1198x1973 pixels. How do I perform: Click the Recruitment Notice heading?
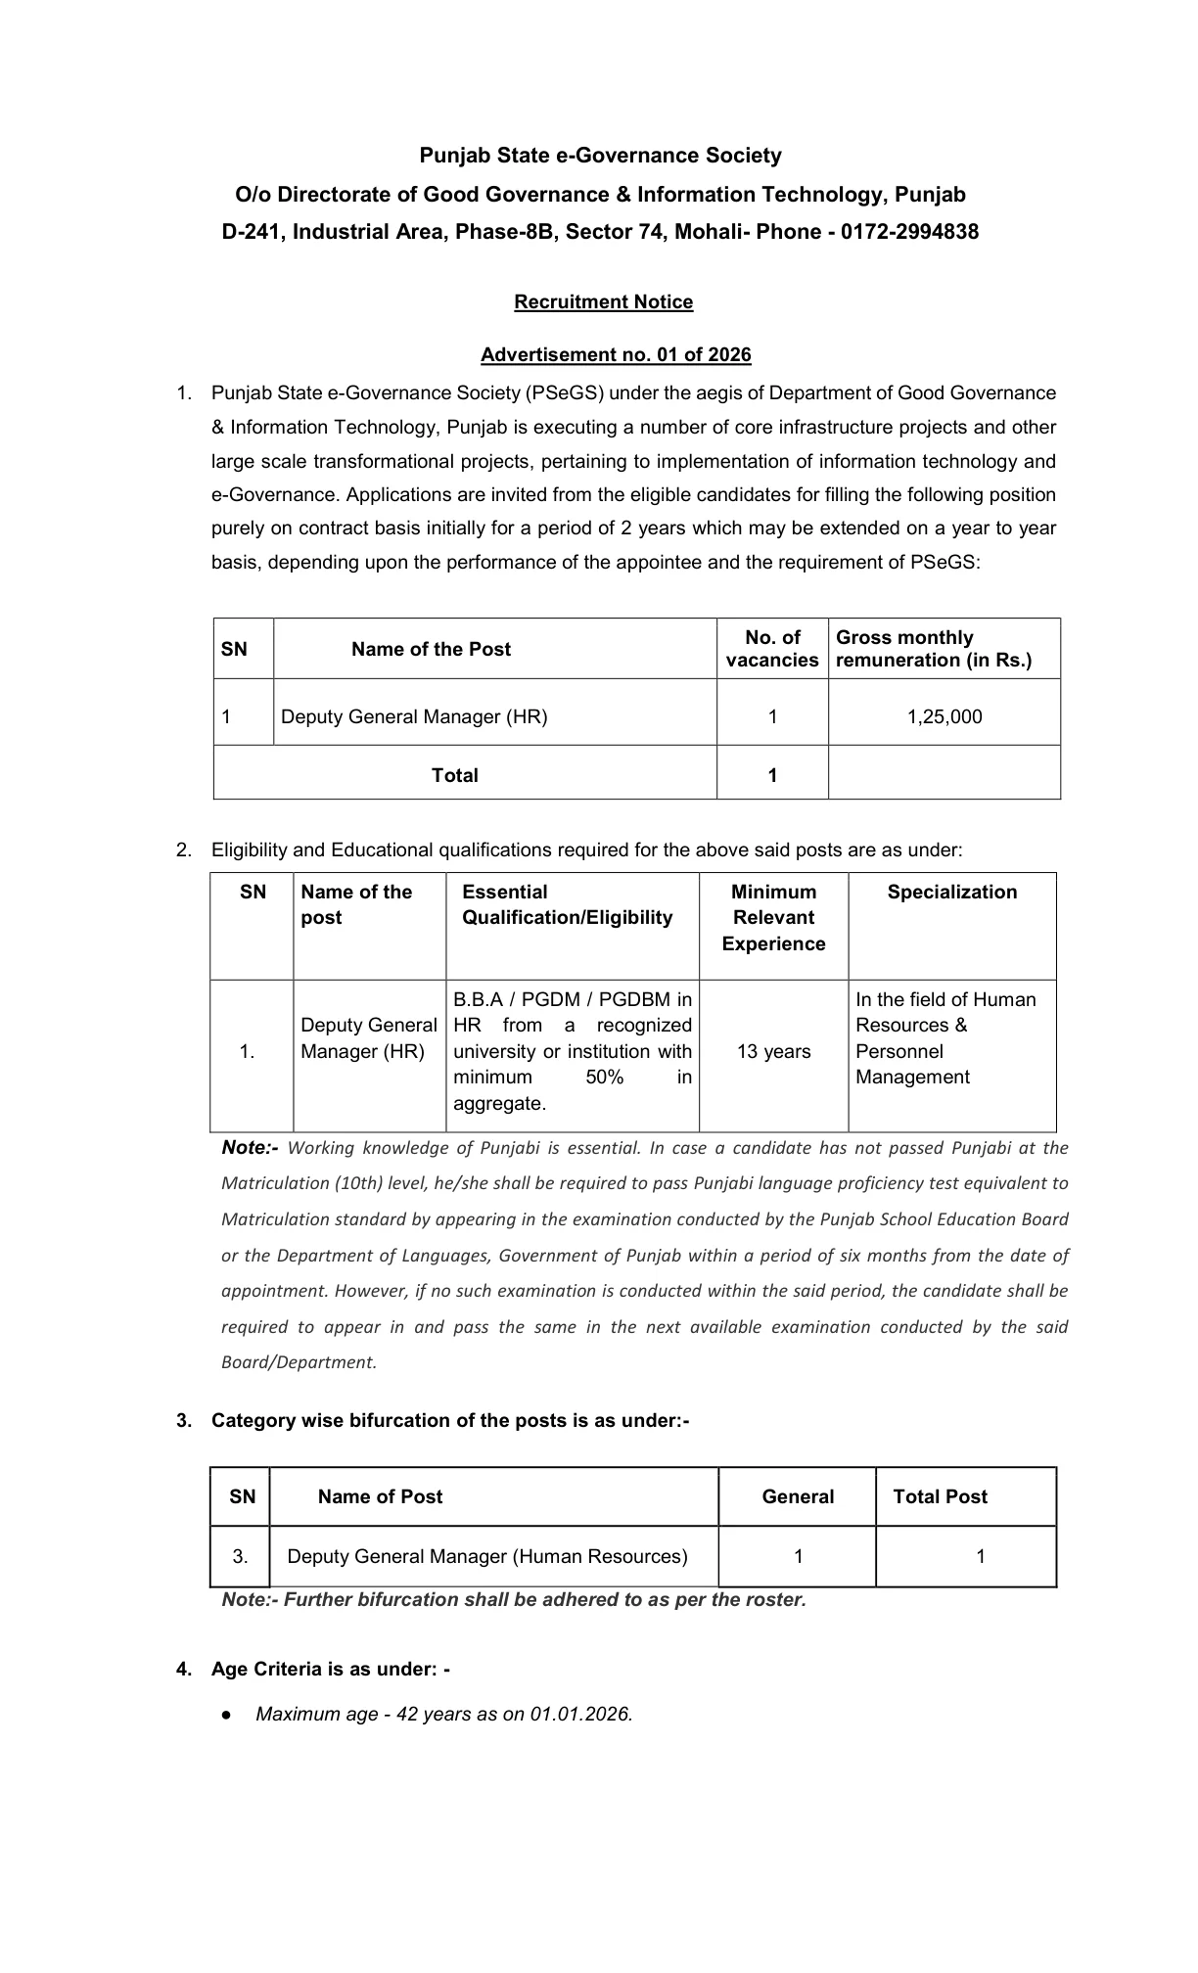point(603,302)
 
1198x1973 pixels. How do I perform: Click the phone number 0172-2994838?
point(909,232)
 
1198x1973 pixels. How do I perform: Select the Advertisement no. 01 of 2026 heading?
point(616,354)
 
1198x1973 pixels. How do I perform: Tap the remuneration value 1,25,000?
point(944,716)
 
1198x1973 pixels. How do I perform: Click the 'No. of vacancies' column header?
point(771,649)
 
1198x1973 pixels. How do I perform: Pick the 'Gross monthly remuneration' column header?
point(933,649)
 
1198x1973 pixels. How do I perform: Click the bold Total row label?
point(454,775)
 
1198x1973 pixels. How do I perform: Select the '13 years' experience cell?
point(773,1051)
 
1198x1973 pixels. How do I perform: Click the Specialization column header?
point(951,892)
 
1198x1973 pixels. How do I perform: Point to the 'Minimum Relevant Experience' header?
point(773,917)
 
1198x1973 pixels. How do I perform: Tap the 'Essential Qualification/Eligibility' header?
point(567,904)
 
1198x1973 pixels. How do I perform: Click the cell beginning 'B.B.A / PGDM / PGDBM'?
point(573,1051)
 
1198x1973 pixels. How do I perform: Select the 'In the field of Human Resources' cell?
point(945,1038)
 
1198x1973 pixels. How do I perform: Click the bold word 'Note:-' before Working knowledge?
point(250,1147)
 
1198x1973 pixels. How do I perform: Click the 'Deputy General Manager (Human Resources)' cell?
point(487,1556)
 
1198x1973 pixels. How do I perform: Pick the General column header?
point(798,1496)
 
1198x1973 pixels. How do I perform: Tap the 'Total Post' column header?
point(940,1496)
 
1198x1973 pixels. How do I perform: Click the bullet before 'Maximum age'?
point(226,1715)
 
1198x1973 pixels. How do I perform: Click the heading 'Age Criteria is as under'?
point(330,1669)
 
